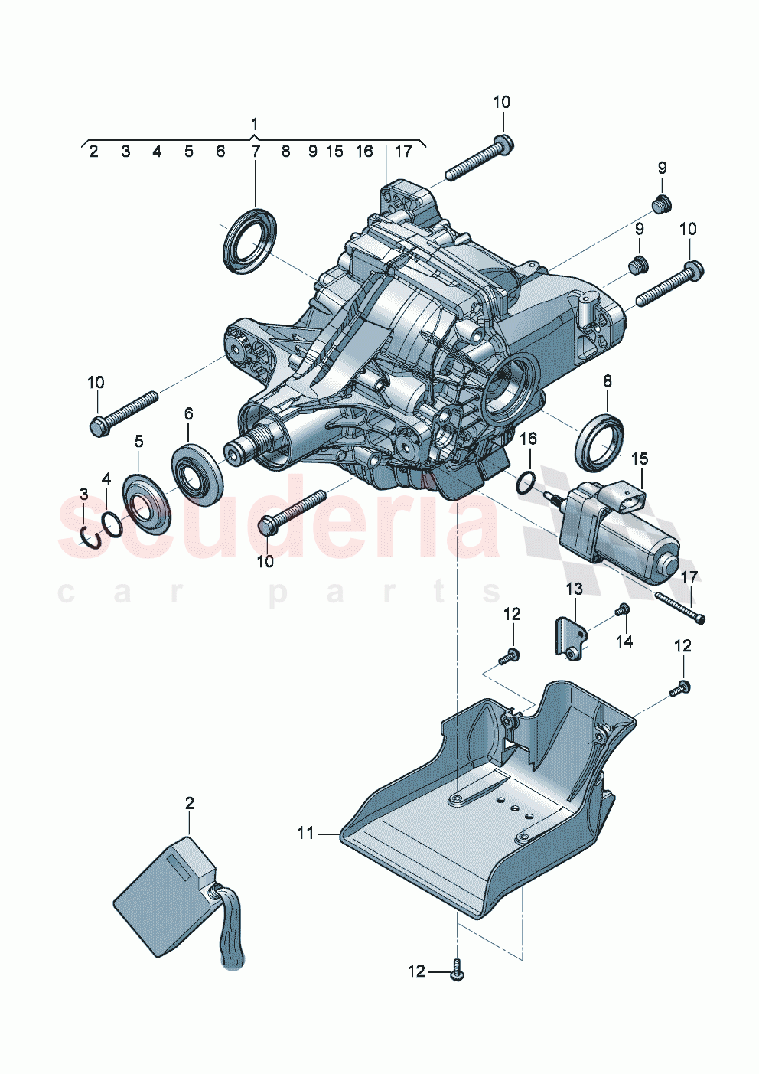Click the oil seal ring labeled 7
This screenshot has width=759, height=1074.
(249, 240)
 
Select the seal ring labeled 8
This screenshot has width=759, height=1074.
(600, 442)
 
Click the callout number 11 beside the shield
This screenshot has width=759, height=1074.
(305, 833)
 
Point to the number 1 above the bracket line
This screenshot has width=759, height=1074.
(254, 123)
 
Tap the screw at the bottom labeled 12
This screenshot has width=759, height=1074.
(458, 971)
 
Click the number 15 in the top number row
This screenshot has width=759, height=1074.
(334, 152)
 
